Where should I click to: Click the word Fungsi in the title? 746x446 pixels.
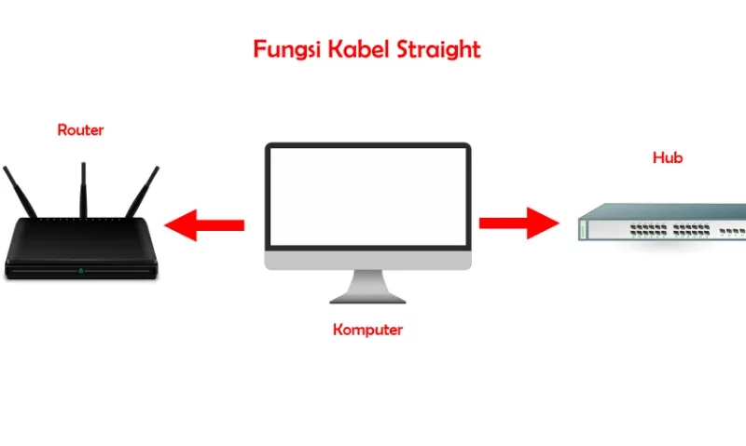pos(287,50)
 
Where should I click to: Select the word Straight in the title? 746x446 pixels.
pos(438,50)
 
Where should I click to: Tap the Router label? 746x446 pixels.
pos(80,129)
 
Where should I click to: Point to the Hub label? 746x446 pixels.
pos(668,157)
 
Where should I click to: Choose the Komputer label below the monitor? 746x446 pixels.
pos(367,330)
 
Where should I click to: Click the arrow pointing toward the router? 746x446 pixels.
pos(204,225)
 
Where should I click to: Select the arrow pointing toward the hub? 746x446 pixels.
pos(519,223)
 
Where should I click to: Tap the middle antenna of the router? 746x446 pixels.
pos(83,190)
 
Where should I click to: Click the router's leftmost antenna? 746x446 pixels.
pos(20,192)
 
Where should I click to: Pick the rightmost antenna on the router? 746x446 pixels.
pos(143,192)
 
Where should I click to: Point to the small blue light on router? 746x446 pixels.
pos(81,271)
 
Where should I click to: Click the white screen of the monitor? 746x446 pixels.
pos(367,196)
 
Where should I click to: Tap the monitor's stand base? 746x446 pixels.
pos(367,299)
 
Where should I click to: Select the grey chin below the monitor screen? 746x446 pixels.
pos(367,260)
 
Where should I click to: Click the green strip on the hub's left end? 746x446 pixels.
pos(583,230)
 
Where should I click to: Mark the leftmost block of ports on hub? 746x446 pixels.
pos(648,230)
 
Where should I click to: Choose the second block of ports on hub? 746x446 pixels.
pos(691,230)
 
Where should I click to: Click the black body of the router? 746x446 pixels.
pos(81,247)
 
